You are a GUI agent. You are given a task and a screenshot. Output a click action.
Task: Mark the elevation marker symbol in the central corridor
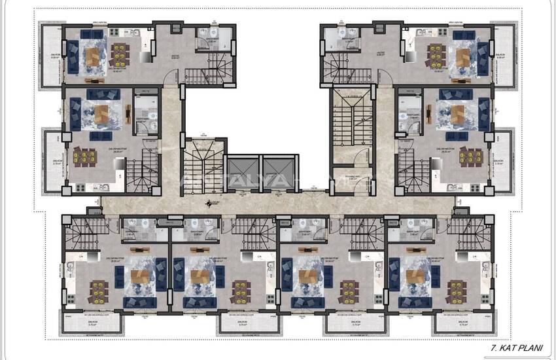coord(208,203)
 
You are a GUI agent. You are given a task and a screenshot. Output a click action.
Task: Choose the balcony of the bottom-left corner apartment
coord(93,322)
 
